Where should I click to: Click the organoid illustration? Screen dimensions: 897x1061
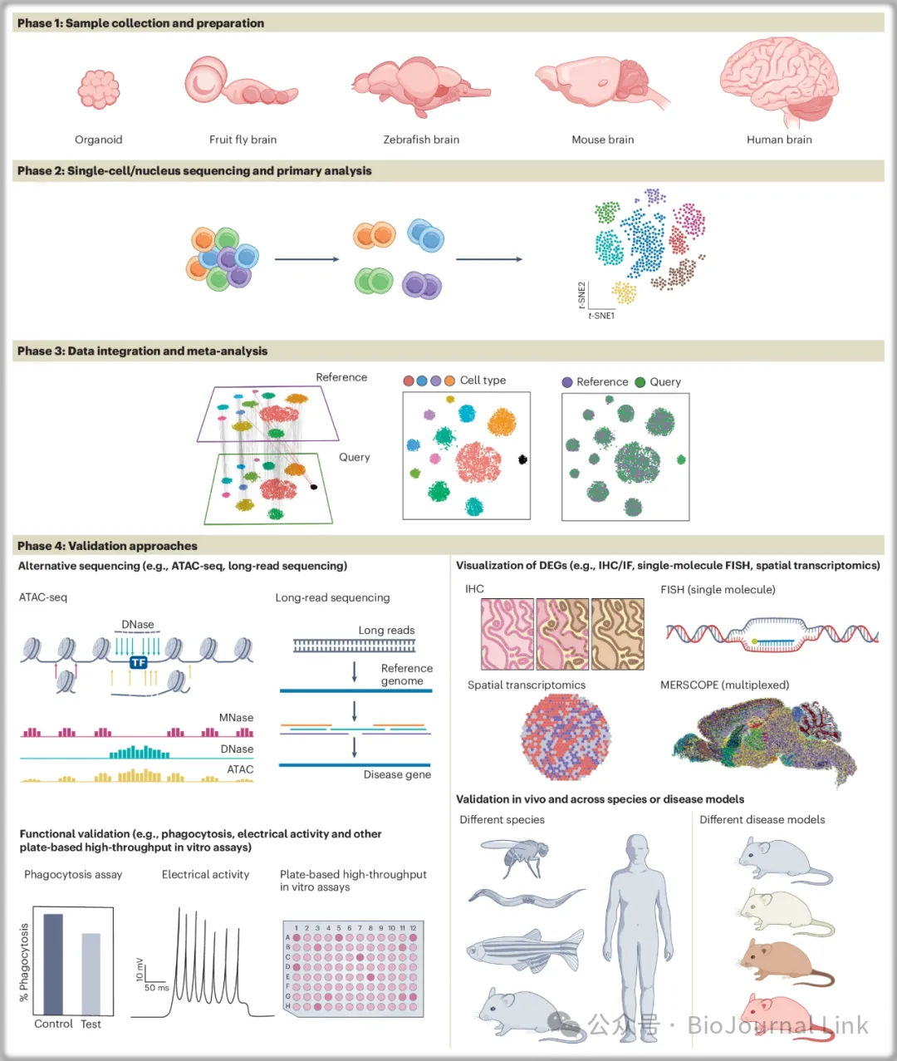click(99, 89)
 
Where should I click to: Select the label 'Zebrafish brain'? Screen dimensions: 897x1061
click(421, 140)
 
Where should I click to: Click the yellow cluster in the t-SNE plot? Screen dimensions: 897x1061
click(624, 292)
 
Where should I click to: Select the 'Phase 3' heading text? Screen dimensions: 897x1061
click(142, 351)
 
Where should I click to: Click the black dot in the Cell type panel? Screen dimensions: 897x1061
click(522, 459)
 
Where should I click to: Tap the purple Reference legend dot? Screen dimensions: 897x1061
click(567, 382)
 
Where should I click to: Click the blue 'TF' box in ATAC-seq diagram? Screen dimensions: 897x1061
click(139, 662)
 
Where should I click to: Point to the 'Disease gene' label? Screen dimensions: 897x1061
click(397, 774)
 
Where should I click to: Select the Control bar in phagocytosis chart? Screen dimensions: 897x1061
click(53, 964)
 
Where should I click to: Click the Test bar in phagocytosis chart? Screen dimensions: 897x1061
click(91, 973)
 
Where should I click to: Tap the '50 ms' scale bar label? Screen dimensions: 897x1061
click(156, 988)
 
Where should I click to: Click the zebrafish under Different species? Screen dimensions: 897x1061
click(525, 947)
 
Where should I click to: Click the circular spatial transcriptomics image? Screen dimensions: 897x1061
click(566, 736)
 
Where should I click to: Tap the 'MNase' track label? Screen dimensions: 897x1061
click(236, 718)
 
